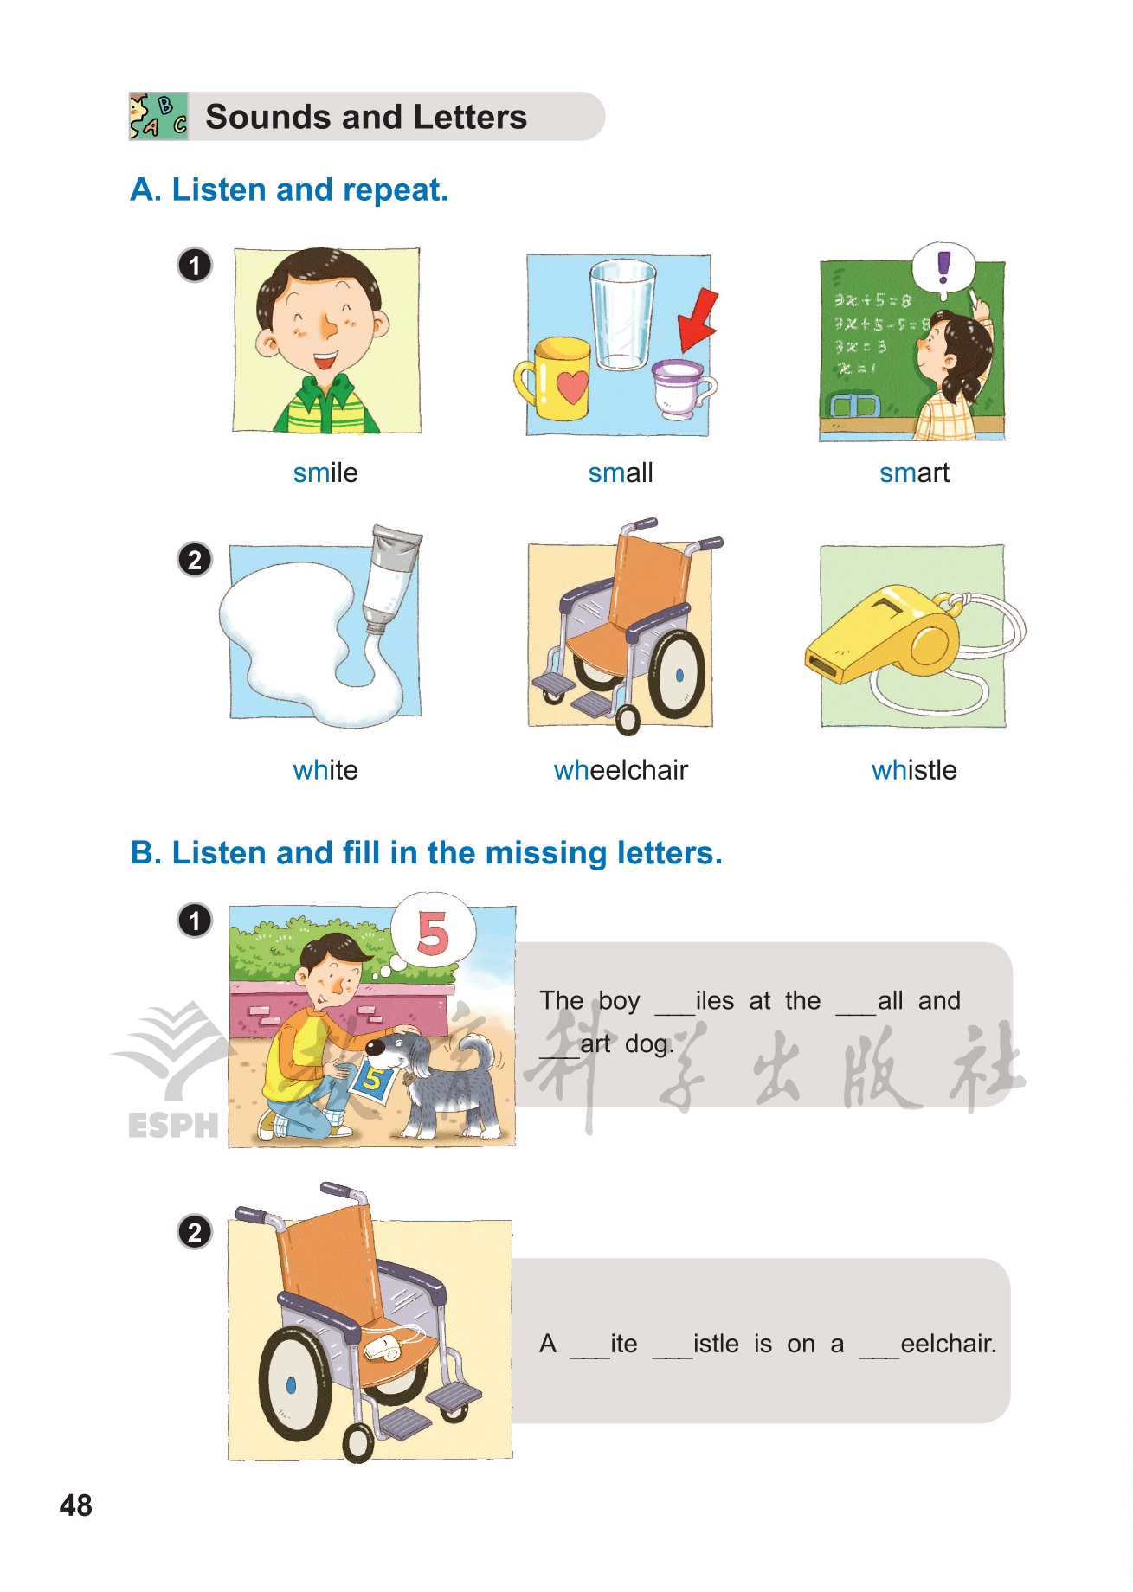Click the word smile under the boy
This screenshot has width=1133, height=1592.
(x=325, y=472)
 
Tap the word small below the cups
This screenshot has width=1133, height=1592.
(x=621, y=472)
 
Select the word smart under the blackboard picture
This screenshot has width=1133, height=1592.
(x=914, y=472)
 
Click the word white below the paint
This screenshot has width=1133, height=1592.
(x=325, y=770)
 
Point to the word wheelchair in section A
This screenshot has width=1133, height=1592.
(x=621, y=770)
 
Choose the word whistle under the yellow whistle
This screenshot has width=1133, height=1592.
(x=914, y=770)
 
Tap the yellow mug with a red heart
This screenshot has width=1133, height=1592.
(x=554, y=378)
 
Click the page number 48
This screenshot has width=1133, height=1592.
(x=76, y=1505)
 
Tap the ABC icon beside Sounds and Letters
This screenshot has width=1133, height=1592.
(x=158, y=116)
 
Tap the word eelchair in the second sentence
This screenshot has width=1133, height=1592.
(x=948, y=1344)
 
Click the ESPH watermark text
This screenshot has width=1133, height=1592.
(x=173, y=1125)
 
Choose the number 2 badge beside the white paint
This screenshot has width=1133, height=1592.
(x=195, y=560)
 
